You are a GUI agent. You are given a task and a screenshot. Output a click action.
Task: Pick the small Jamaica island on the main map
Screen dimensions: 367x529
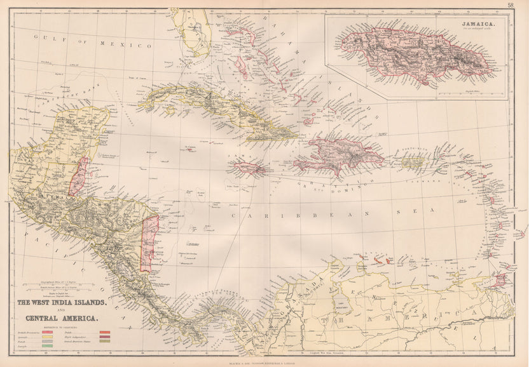(x=249, y=168)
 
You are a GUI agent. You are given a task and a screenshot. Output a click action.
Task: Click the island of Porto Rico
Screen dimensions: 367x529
(x=412, y=163)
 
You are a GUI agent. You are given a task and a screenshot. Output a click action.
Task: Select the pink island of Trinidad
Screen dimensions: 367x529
(x=500, y=279)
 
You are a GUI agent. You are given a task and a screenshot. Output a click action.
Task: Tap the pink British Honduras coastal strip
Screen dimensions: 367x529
(x=79, y=177)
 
